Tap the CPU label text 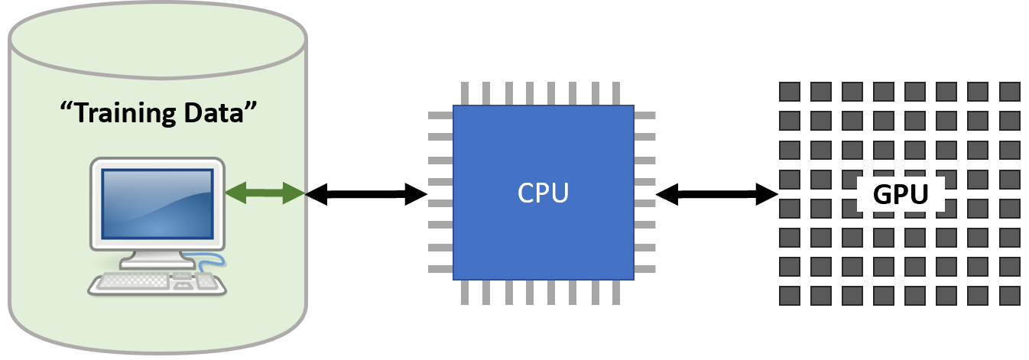pos(543,193)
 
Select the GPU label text pos(901,195)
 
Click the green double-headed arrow pos(265,193)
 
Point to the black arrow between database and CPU pos(366,195)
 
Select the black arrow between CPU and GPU pos(716,195)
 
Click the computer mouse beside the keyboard pos(206,281)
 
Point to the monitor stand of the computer pos(157,261)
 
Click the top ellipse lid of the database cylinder pos(157,39)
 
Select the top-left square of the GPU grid pos(789,92)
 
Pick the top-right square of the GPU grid pos(1010,92)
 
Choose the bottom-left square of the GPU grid pos(789,296)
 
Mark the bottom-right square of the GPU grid pos(1010,296)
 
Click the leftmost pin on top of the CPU pos(465,94)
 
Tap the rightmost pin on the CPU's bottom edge pos(615,292)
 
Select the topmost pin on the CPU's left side pos(440,116)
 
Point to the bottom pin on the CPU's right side pos(644,269)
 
